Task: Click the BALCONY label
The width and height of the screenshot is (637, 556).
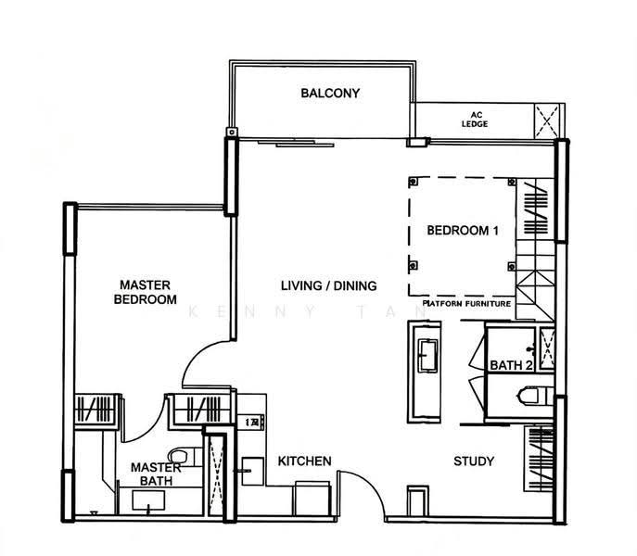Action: point(330,94)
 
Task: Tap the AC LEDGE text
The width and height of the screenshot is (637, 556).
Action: point(475,120)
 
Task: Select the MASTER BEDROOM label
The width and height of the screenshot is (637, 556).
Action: point(145,292)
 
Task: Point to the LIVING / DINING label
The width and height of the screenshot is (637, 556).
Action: point(328,285)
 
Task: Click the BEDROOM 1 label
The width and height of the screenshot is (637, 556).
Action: point(463,231)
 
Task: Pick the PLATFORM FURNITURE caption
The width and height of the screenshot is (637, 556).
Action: point(466,303)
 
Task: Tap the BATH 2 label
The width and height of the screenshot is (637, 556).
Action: point(511,365)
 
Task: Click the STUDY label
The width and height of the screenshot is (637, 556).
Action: point(474,461)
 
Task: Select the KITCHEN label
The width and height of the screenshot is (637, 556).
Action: point(304,461)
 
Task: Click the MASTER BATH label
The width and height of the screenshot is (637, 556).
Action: point(156,474)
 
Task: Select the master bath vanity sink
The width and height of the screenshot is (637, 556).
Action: point(148,500)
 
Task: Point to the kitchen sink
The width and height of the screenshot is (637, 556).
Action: point(253,471)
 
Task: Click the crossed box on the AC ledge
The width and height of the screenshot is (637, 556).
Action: point(547,121)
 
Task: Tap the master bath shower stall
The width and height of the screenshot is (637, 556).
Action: point(216,475)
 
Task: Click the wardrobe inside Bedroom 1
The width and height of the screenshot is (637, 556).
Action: point(535,209)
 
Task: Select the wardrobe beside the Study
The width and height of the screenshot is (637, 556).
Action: point(539,459)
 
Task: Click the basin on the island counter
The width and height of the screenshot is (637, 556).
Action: point(428,356)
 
